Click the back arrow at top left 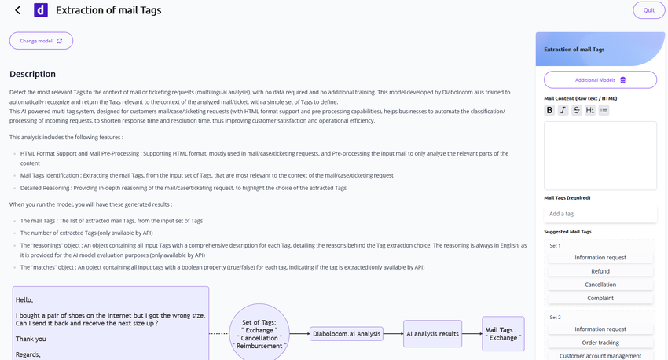[x=17, y=10]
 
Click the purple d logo [x=41, y=10]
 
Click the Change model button [x=41, y=41]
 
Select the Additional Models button [x=600, y=79]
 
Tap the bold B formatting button [x=549, y=110]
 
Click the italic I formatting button [x=563, y=110]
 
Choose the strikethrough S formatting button [x=576, y=110]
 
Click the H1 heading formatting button [x=590, y=110]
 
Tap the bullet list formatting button [x=604, y=110]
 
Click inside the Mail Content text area [x=600, y=156]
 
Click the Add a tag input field [x=600, y=214]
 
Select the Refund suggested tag [x=600, y=271]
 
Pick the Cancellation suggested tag [x=600, y=285]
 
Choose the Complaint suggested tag [x=600, y=298]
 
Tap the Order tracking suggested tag [x=600, y=343]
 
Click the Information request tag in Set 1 [x=600, y=258]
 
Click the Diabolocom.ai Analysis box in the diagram [x=347, y=333]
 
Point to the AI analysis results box [x=432, y=333]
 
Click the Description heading [x=32, y=74]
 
